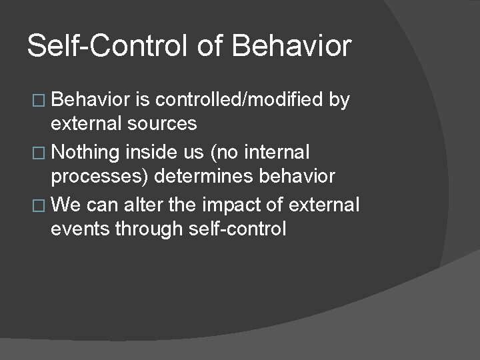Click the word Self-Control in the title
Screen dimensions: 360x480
click(x=108, y=47)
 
